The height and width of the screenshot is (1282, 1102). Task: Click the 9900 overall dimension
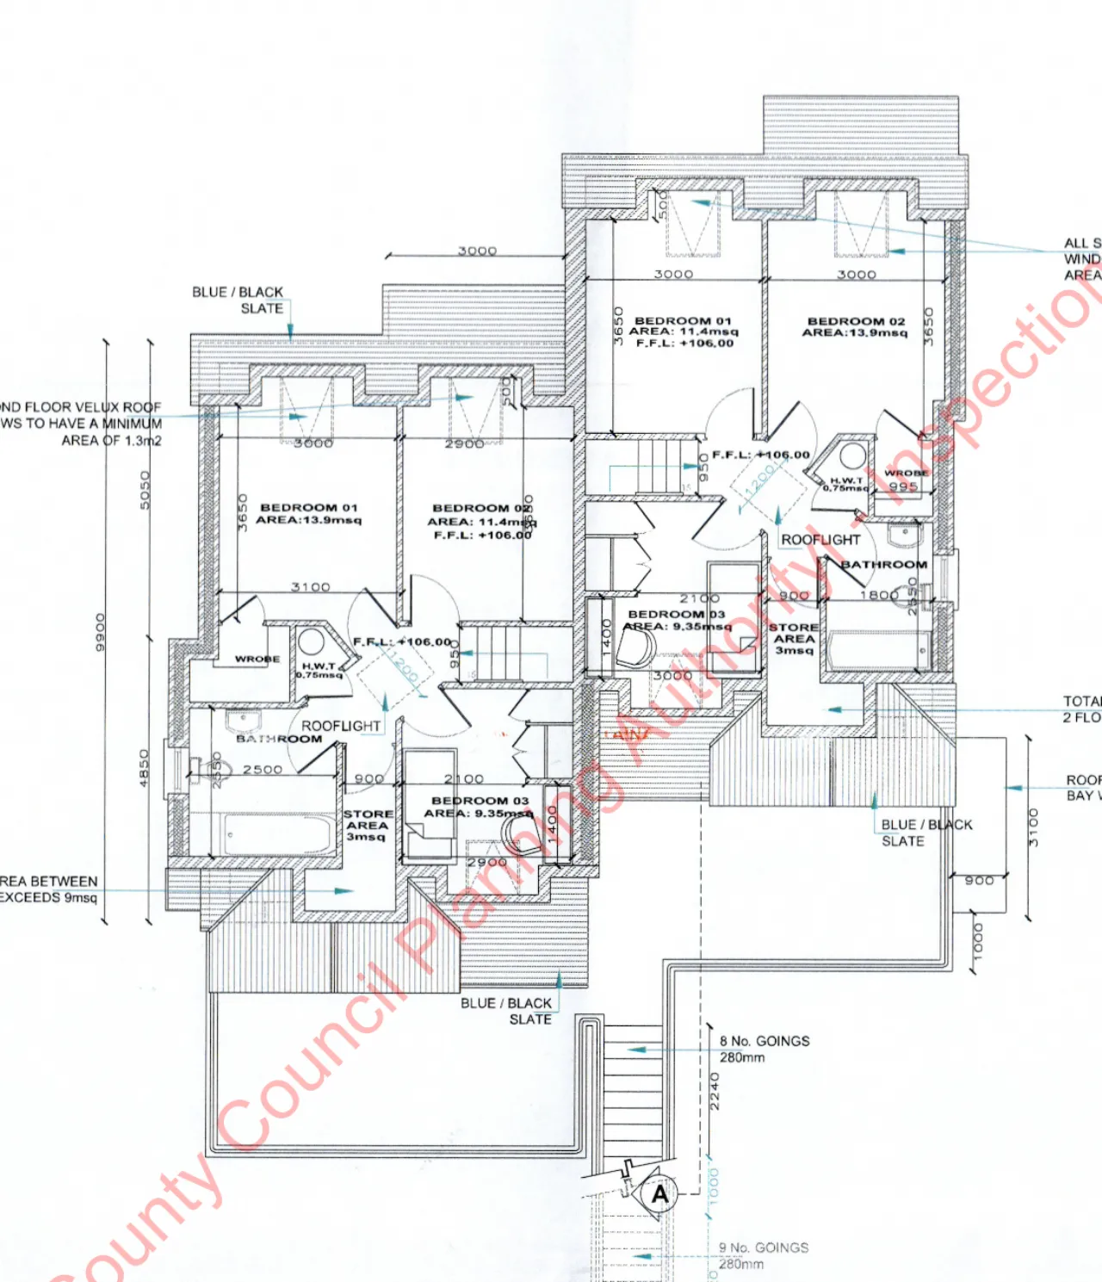click(x=101, y=632)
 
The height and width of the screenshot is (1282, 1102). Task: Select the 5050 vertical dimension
click(x=145, y=489)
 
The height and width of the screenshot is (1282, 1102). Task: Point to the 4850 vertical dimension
click(x=145, y=766)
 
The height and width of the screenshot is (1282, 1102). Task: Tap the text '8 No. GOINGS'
click(x=765, y=1041)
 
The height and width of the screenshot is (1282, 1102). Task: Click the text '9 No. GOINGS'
click(x=764, y=1248)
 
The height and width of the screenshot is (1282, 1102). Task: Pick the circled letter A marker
click(x=659, y=1194)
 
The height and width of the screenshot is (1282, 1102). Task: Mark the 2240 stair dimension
click(x=714, y=1091)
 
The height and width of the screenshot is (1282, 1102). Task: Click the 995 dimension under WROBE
click(x=903, y=486)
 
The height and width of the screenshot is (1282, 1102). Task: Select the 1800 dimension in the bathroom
click(x=879, y=595)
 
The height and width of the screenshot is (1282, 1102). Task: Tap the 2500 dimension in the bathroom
click(x=262, y=770)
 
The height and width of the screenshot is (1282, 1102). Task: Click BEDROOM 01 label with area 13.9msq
click(x=308, y=508)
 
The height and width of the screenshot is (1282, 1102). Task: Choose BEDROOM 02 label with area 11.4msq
click(x=481, y=509)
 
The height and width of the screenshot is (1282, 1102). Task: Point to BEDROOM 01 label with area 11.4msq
click(x=683, y=321)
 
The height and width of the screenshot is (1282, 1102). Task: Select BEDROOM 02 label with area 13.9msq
click(x=856, y=321)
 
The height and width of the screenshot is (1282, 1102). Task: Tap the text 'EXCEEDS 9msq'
click(x=48, y=897)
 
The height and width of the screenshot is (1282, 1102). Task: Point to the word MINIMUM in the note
click(x=132, y=424)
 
